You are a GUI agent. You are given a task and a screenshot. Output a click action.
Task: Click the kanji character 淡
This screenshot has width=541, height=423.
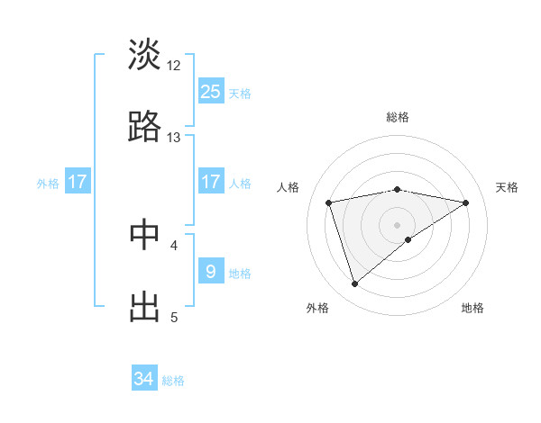(144, 55)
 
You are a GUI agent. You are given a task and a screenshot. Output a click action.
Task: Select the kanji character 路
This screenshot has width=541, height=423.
(144, 128)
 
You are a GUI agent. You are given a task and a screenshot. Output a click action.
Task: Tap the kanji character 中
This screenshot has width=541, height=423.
(144, 233)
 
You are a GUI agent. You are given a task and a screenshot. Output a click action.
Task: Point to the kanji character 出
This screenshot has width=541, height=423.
(144, 306)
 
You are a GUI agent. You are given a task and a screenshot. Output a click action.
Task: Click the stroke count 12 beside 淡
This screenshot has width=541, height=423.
(174, 66)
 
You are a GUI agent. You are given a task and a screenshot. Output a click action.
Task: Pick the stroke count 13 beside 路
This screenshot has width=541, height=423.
(174, 138)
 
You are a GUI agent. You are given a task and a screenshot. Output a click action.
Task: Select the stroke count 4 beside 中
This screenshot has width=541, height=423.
(174, 244)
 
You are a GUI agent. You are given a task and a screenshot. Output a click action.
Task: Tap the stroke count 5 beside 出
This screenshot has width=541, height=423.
(174, 317)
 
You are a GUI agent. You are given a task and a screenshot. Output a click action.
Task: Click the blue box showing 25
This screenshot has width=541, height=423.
(210, 91)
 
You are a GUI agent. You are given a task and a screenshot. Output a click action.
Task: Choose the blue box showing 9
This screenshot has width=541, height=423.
(210, 271)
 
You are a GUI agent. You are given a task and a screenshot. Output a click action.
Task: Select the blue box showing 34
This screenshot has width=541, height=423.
(144, 379)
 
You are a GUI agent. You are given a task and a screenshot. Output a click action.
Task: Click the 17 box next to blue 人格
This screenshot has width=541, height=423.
(210, 181)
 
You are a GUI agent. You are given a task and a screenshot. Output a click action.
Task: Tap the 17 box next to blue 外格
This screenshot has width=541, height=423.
(78, 181)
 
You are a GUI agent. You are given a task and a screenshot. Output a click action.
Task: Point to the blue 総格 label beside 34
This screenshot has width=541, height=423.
(173, 381)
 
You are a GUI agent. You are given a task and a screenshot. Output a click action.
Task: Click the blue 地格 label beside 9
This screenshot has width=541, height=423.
(240, 273)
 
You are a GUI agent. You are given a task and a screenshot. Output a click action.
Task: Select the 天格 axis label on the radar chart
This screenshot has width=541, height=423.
(507, 187)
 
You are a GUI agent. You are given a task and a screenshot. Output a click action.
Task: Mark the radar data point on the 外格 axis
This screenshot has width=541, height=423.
(355, 284)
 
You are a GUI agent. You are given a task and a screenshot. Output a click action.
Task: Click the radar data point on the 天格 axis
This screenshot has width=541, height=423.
(466, 202)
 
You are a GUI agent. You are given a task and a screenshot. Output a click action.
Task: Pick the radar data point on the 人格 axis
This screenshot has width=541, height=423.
(329, 202)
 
